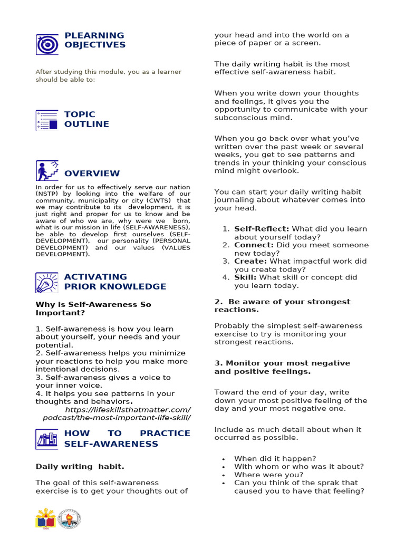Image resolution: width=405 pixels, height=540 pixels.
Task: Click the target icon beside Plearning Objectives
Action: (x=47, y=44)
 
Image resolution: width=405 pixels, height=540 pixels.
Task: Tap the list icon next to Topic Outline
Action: (x=47, y=120)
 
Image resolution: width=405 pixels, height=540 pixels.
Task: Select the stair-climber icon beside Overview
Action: (x=47, y=171)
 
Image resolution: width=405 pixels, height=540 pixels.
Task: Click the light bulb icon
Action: (x=47, y=283)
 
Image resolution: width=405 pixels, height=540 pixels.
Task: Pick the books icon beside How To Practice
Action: (x=47, y=439)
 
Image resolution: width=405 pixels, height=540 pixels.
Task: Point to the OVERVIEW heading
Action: (x=92, y=173)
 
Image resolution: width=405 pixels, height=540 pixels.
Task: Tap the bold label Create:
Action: (x=250, y=262)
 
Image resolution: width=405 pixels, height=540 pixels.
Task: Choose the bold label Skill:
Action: (x=245, y=277)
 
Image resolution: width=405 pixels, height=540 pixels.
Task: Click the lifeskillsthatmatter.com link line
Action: (x=128, y=410)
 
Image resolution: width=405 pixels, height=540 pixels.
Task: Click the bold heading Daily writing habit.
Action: (x=80, y=467)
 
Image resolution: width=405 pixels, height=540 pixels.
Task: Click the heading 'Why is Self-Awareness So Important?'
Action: (x=93, y=308)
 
